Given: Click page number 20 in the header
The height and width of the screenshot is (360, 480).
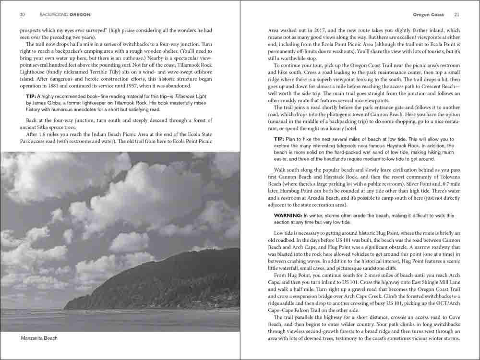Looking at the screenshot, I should [x=23, y=14].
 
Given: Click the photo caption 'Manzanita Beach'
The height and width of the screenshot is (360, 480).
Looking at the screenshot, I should [x=39, y=338].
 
